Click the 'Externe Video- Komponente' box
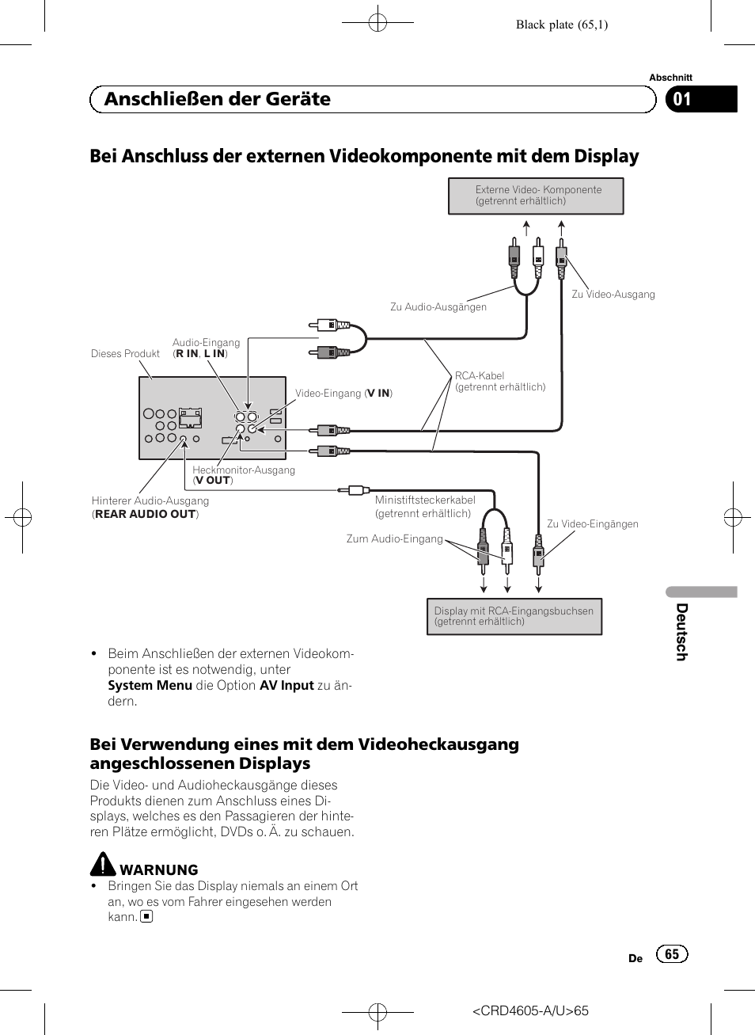tap(536, 196)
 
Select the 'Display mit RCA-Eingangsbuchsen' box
tap(514, 616)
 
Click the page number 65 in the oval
tap(672, 954)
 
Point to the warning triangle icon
tap(103, 864)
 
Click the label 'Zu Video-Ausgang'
tap(613, 295)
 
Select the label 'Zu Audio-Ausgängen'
tap(438, 307)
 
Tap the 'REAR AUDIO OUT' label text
tap(146, 514)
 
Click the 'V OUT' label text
tap(213, 480)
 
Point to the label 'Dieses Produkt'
tap(125, 354)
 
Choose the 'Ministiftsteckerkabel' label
tap(425, 500)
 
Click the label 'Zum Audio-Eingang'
tap(394, 539)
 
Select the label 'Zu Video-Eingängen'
tap(592, 524)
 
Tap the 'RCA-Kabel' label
tap(480, 376)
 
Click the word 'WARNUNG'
tap(159, 869)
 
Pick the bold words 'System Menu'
tap(150, 685)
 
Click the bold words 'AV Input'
tap(286, 685)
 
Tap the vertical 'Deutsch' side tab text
tap(681, 632)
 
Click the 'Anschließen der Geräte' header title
tap(218, 99)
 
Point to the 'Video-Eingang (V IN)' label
tap(343, 394)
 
